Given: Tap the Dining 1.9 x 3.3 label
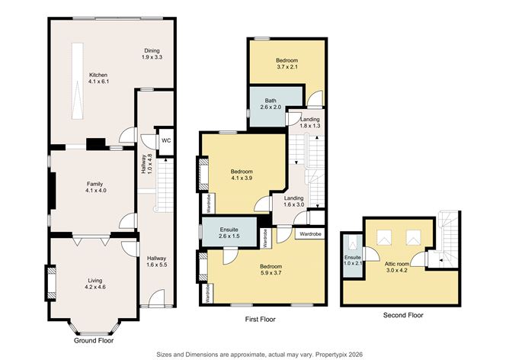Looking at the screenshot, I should (154, 55).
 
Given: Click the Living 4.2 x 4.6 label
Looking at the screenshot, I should (94, 284).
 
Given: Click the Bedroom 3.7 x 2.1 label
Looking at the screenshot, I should (287, 63).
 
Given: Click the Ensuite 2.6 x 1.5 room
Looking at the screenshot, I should (228, 232).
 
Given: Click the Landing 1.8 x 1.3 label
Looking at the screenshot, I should (309, 124).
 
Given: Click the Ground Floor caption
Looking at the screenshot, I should (94, 341).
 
